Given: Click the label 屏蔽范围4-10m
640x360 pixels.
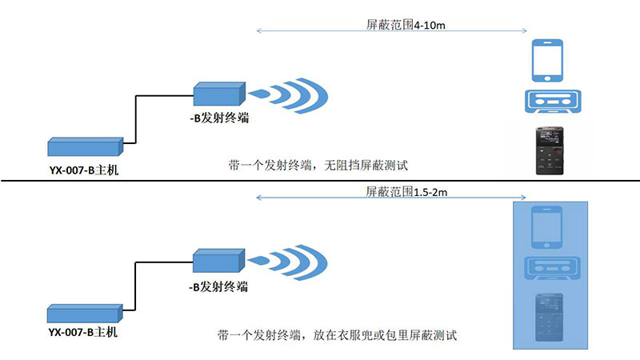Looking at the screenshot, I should click(400, 25).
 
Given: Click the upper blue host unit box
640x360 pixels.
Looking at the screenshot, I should click(85, 147).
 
